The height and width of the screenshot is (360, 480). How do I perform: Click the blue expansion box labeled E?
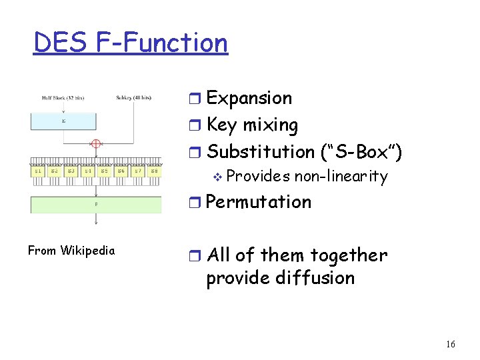coord(63,122)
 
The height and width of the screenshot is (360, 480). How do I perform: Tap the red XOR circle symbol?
coord(96,143)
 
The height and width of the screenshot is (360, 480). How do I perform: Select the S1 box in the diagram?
coord(38,171)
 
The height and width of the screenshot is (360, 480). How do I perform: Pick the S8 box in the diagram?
coord(154,171)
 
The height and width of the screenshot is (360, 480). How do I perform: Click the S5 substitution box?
coord(104,171)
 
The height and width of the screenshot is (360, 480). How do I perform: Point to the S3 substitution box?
coord(71,171)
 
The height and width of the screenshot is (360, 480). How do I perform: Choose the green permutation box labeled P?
coord(95,204)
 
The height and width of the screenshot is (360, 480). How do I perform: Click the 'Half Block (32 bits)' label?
coord(63,97)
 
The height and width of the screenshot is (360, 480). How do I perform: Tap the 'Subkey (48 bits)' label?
coord(134,97)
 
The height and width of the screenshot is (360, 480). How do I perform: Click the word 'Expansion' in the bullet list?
coord(249,98)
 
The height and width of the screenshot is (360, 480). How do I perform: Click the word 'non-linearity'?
coord(341,177)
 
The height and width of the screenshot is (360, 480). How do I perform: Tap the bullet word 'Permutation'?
coord(259,202)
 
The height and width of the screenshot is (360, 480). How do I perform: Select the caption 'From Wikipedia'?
coord(71,251)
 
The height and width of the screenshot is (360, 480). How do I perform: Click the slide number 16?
coord(451,344)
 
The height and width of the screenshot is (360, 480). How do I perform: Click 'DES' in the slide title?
coord(61,43)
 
